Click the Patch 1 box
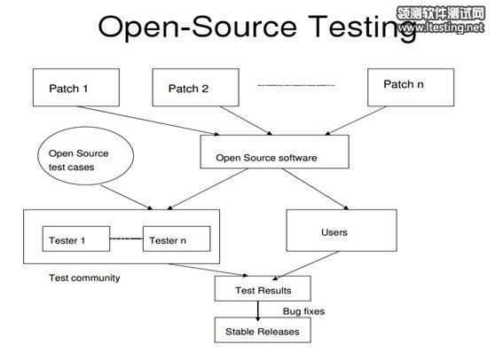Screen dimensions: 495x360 click(76, 88)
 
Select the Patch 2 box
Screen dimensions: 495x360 click(196, 88)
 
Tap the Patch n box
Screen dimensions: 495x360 click(411, 88)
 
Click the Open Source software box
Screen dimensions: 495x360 click(275, 152)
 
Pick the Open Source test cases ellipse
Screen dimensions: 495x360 click(85, 156)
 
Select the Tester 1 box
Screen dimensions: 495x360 click(76, 239)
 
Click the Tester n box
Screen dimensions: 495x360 click(177, 239)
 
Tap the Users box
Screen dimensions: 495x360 click(342, 231)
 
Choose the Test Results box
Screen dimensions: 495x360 click(263, 289)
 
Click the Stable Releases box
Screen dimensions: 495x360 click(263, 330)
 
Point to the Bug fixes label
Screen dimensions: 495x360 click(303, 311)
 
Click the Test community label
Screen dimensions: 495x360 click(84, 278)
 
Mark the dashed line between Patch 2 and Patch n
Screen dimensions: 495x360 click(295, 85)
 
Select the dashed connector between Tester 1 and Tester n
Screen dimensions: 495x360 click(126, 239)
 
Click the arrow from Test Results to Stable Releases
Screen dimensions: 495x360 click(258, 310)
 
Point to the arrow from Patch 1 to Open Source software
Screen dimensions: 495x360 click(148, 121)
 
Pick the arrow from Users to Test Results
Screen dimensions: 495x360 click(305, 266)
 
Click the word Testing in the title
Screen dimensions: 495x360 click(362, 27)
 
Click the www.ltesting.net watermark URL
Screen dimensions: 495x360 click(441, 27)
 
